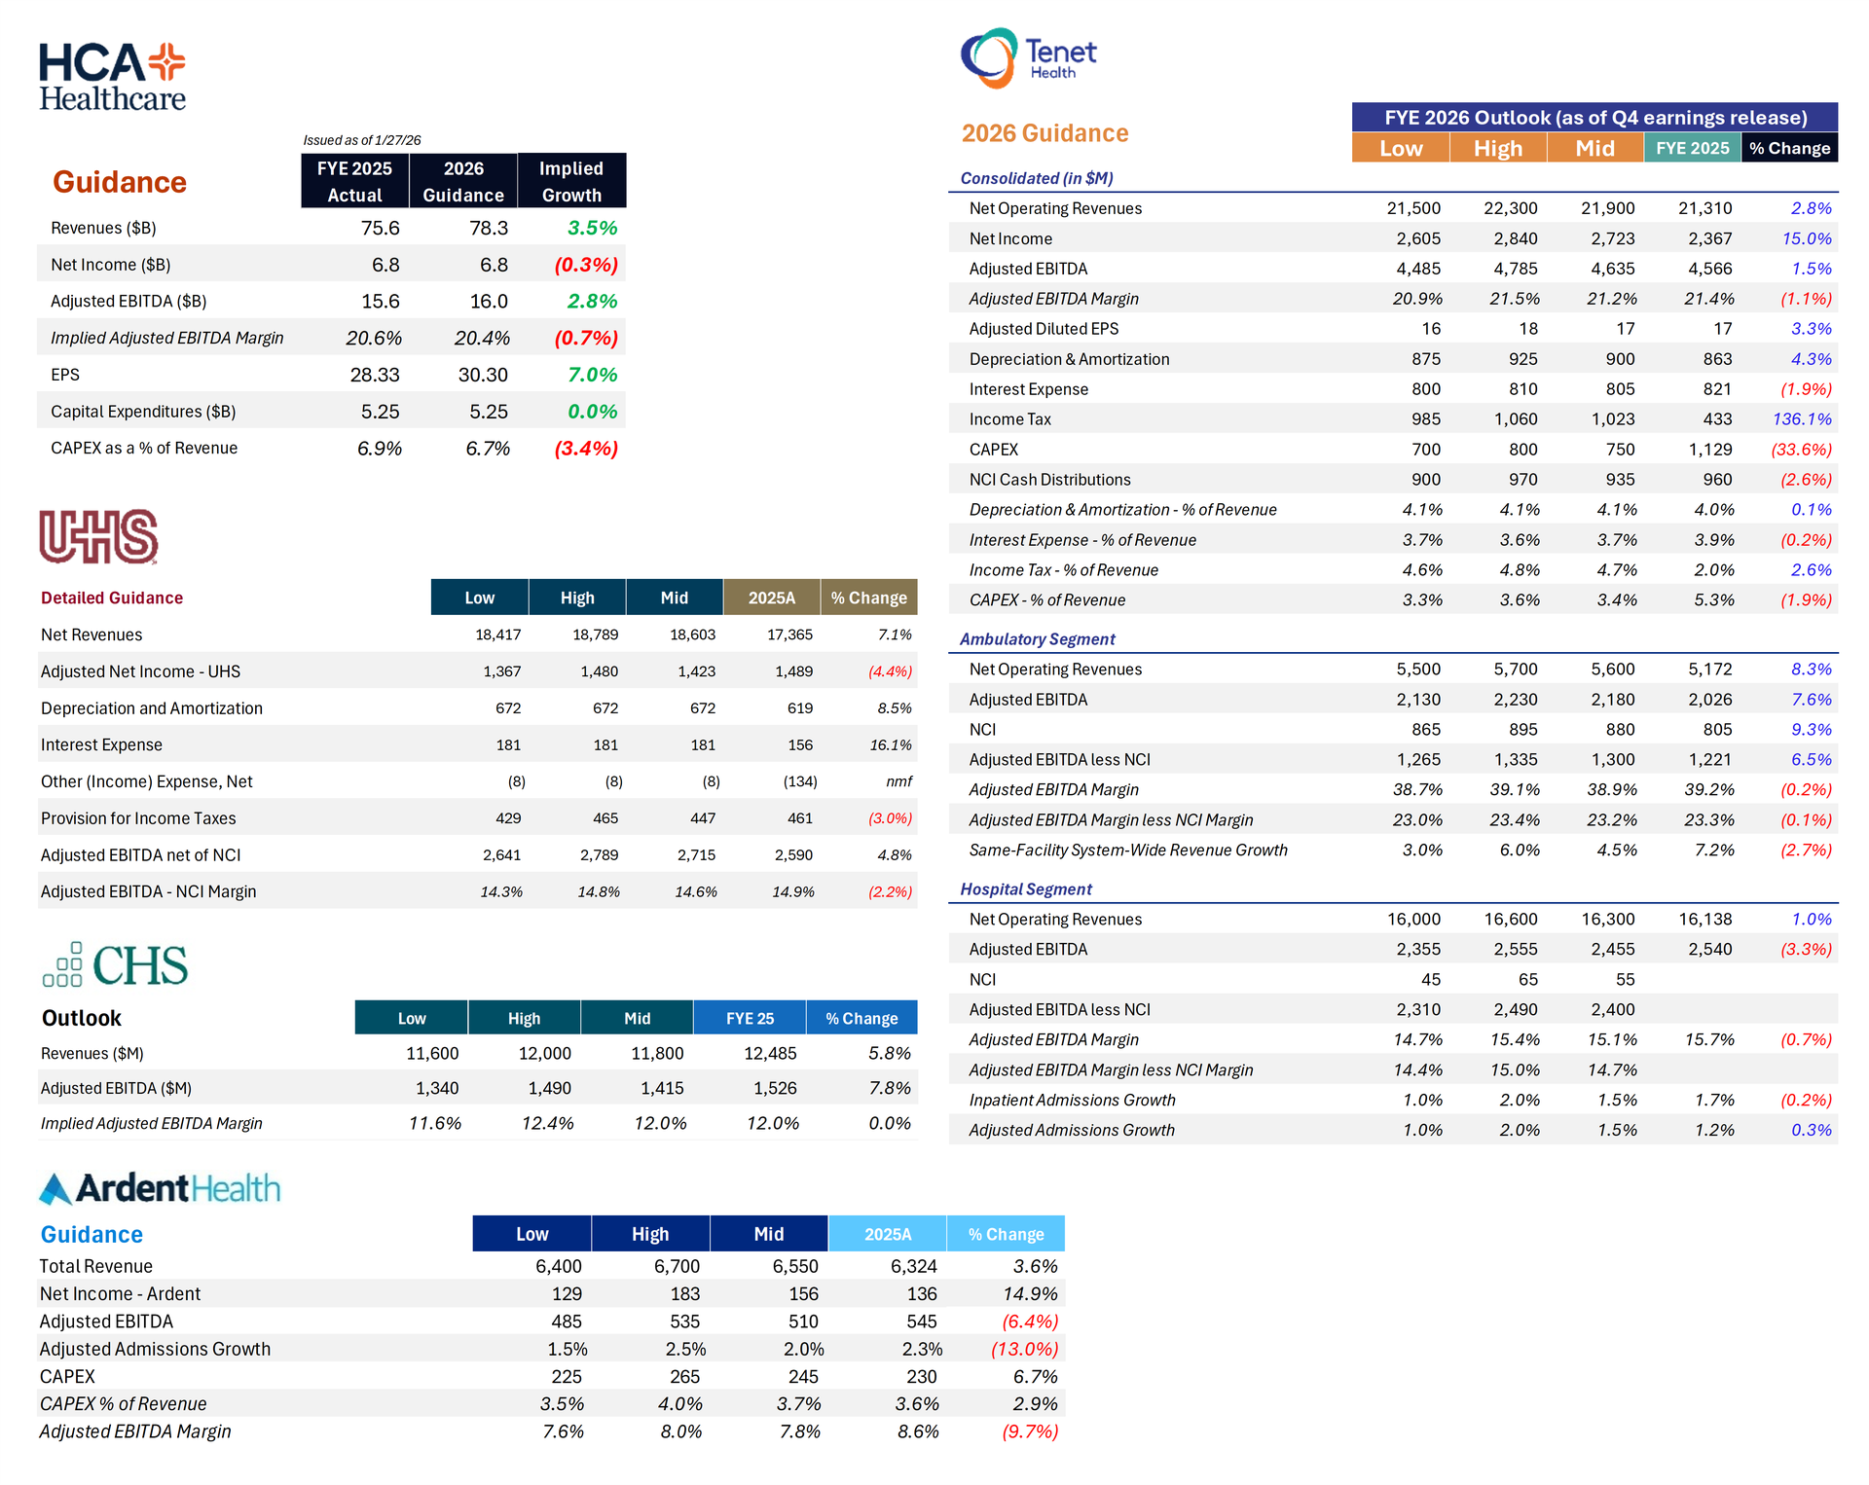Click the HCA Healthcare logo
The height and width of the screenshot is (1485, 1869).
[112, 77]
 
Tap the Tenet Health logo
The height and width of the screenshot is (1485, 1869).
[1028, 58]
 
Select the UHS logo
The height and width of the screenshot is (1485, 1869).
[98, 536]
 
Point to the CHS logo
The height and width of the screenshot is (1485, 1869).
[116, 965]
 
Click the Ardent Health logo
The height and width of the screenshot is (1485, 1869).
[160, 1188]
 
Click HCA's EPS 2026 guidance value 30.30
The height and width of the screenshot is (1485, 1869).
[483, 375]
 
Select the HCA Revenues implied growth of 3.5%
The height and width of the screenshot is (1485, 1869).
[592, 228]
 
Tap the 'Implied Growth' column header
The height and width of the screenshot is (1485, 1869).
[571, 181]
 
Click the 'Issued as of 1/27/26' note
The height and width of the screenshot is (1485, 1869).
[362, 140]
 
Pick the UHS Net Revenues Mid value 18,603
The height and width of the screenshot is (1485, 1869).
[692, 634]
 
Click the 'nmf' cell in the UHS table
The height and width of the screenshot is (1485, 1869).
[898, 781]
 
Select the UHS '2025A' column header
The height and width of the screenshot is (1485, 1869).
[771, 598]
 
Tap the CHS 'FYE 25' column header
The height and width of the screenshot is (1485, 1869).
[750, 1018]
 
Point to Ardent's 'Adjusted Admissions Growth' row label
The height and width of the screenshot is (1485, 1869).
[155, 1349]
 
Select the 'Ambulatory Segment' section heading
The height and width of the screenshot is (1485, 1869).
[1037, 639]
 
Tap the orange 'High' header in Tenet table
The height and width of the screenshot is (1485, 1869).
[1497, 148]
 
